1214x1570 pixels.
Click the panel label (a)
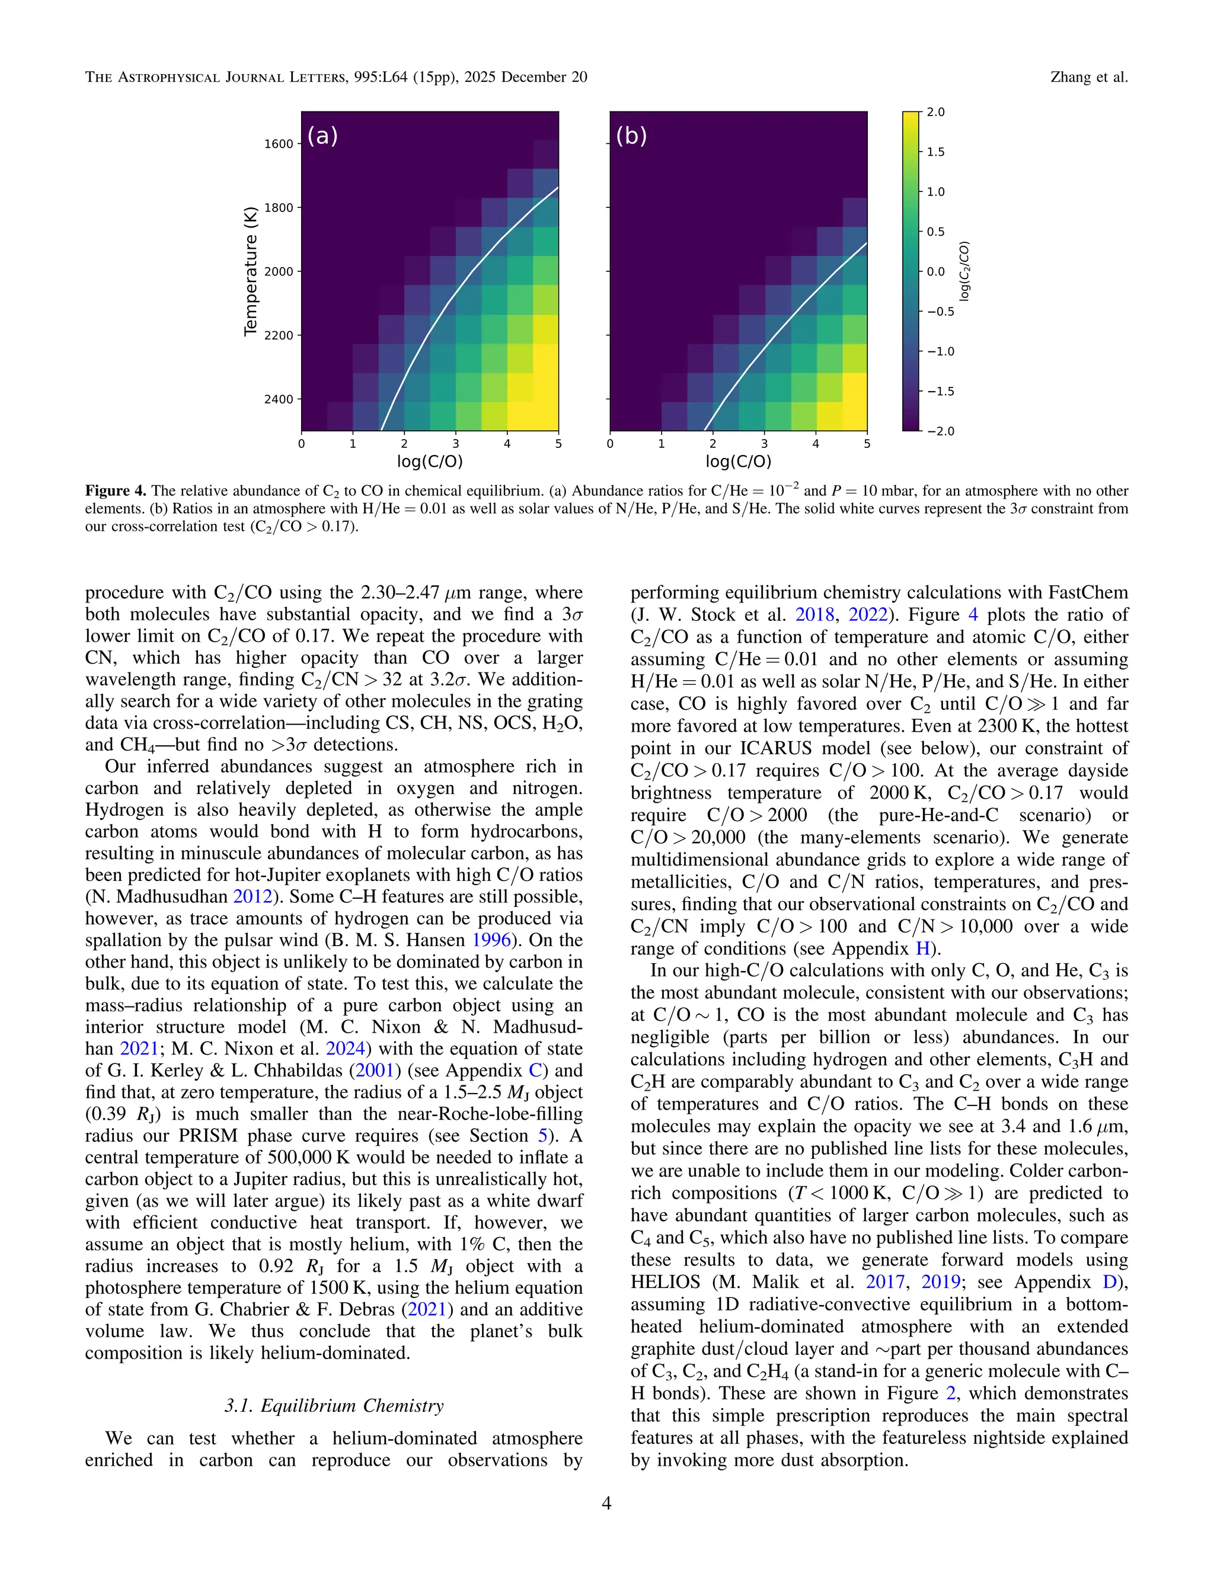click(x=322, y=136)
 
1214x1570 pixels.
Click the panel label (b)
click(x=631, y=136)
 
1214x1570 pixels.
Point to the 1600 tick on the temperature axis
click(x=279, y=144)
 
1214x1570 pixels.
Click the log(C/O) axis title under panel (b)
click(x=738, y=462)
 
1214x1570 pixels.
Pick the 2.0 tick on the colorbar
click(x=935, y=112)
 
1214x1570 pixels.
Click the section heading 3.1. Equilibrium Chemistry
click(x=334, y=1406)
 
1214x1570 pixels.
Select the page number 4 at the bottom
click(x=606, y=1503)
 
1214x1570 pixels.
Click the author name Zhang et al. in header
click(x=1088, y=77)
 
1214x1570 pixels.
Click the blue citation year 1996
click(x=491, y=940)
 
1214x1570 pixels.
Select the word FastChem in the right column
click(x=1087, y=592)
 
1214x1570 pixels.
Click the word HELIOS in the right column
click(x=665, y=1283)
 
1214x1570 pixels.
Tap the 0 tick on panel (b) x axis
click(x=610, y=444)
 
